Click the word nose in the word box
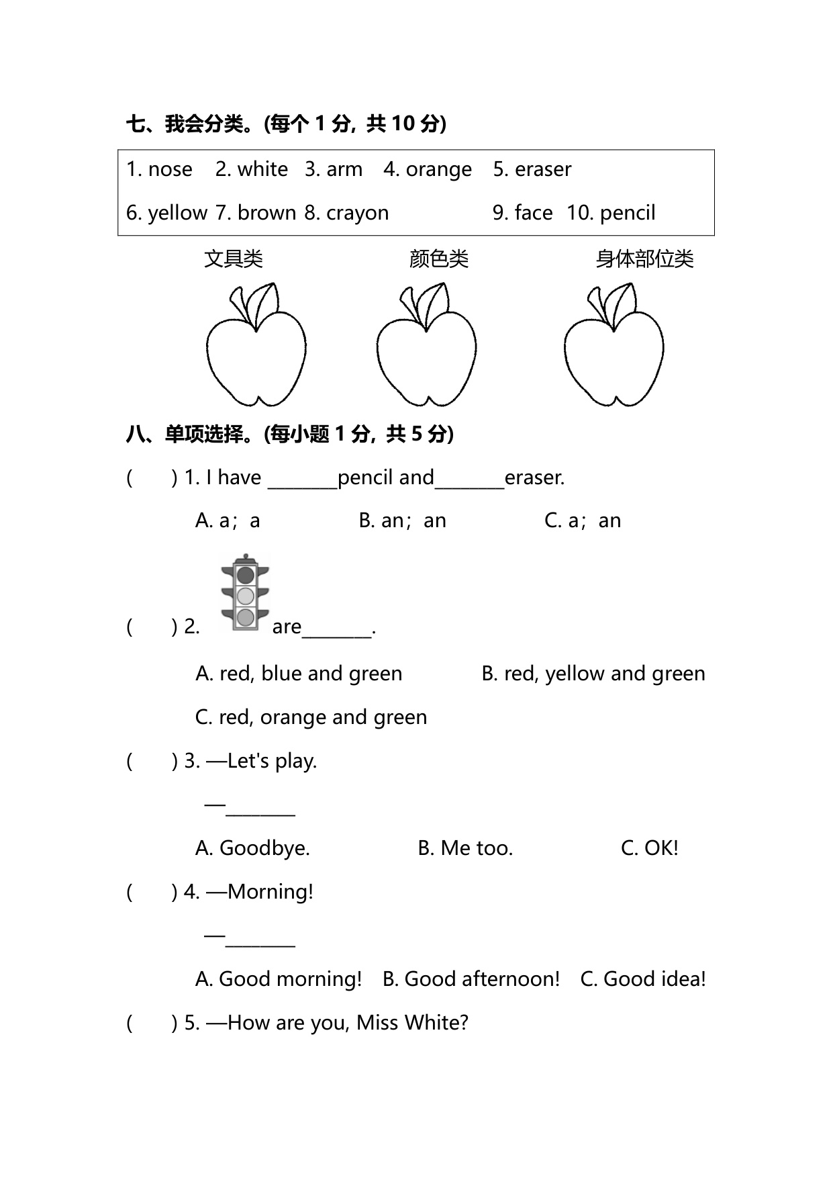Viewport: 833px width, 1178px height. point(170,169)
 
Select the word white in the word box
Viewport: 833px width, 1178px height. point(262,169)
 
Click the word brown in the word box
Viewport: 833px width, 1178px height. point(266,213)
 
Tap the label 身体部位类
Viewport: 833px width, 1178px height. point(644,259)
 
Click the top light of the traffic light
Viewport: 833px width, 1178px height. point(246,575)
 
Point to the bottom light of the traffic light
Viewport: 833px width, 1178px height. point(246,617)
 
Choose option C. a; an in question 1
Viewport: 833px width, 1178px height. point(583,520)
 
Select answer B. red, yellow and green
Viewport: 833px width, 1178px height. point(593,674)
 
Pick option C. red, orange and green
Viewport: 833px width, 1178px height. point(311,717)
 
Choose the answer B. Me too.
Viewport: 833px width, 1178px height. point(465,848)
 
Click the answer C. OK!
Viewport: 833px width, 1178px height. point(649,848)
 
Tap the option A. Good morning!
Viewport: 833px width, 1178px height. point(279,979)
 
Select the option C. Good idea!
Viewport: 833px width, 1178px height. point(642,979)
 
